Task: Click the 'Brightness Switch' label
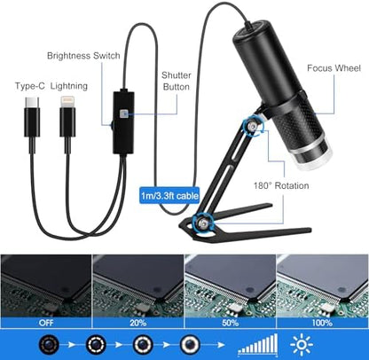(x=83, y=56)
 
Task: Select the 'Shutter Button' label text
(x=177, y=81)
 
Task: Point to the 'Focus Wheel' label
(x=334, y=68)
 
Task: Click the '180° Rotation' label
(x=281, y=185)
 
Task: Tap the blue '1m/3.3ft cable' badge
(x=169, y=195)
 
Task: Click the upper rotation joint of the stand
(x=252, y=128)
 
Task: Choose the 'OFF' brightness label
(x=46, y=323)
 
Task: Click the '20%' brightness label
(x=138, y=323)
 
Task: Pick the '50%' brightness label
(x=231, y=323)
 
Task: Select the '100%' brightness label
(x=322, y=323)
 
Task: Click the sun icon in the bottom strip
(x=302, y=344)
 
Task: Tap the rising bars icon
(x=258, y=344)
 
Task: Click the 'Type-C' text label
(x=30, y=86)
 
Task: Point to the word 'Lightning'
(x=69, y=86)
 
